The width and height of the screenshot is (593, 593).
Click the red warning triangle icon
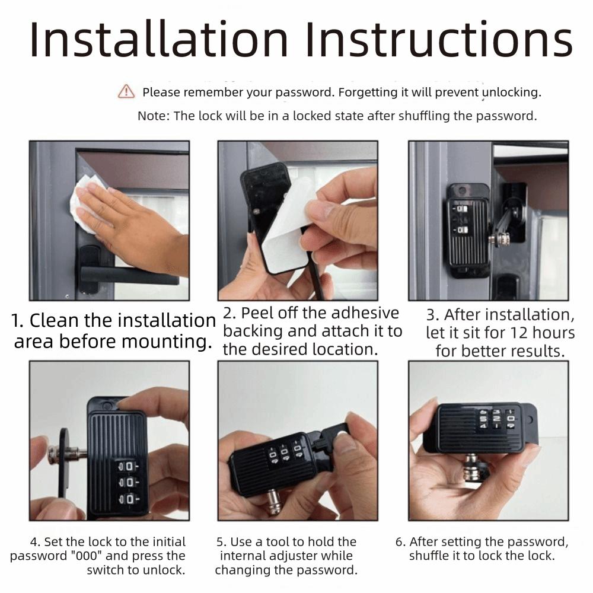(x=126, y=91)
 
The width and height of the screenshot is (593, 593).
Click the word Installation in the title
(x=158, y=40)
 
